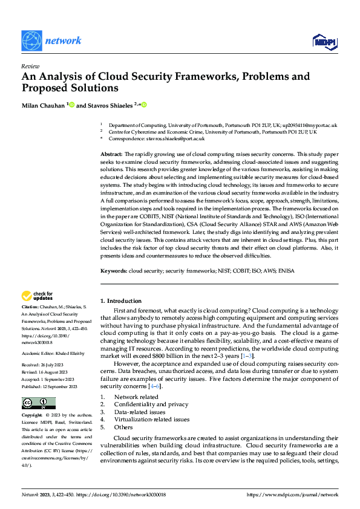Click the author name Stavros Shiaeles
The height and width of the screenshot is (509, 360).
pos(110,105)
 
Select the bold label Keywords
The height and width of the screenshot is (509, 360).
pos(113,271)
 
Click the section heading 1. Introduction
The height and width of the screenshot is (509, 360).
pos(121,301)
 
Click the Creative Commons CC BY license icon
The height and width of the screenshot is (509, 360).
pos(38,386)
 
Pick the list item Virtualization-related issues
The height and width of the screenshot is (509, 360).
pos(152,419)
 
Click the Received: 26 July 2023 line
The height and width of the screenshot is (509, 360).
pos(44,348)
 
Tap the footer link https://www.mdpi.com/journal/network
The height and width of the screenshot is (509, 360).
pos(293,494)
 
